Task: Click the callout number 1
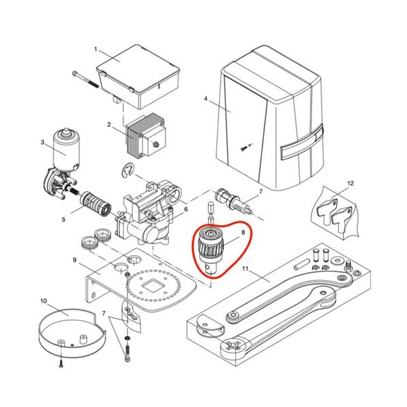95,50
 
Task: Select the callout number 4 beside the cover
206,99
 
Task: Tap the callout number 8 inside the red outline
243,232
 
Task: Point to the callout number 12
350,184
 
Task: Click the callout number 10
43,301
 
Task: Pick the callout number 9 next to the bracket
75,260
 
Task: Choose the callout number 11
246,269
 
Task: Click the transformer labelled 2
145,137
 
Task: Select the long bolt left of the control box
86,79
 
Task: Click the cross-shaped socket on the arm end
233,345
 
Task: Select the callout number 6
186,209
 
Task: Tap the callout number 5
64,220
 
